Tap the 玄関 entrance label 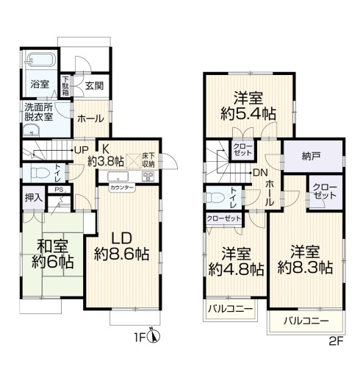[95, 85]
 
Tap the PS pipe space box [58, 190]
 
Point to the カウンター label [122, 188]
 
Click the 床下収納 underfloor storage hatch [147, 161]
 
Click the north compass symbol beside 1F [154, 338]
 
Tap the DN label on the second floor [259, 173]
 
